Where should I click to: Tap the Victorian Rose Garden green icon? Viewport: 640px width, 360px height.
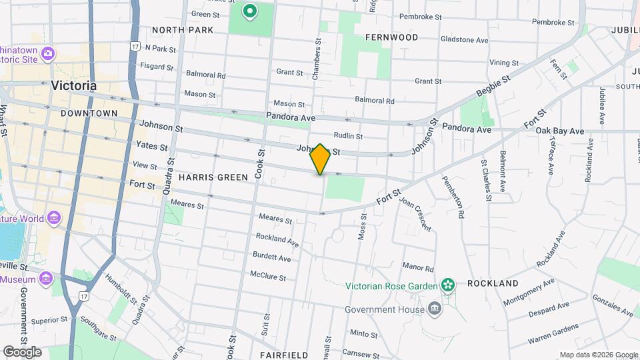(x=449, y=286)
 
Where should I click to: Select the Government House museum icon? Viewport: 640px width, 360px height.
(x=435, y=309)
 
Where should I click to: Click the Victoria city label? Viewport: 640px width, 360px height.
(x=73, y=86)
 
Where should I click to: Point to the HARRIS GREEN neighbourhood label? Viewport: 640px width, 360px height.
(x=213, y=177)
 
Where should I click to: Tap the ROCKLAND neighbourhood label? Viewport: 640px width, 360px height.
(x=493, y=283)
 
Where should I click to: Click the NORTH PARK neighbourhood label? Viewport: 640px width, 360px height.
(x=182, y=30)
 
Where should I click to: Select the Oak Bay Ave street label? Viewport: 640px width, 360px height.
(x=559, y=130)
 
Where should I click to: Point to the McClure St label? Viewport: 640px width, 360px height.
(x=268, y=276)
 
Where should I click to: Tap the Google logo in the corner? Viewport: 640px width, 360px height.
(x=22, y=352)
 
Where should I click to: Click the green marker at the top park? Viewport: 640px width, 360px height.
(x=250, y=11)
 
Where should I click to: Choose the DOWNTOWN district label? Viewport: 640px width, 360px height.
(x=89, y=113)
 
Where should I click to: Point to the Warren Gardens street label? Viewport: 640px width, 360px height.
(x=553, y=329)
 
